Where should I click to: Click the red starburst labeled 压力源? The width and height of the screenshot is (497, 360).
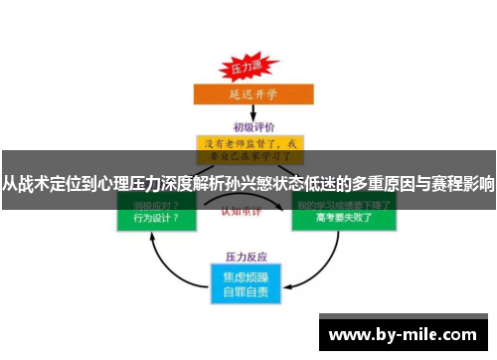pyautogui.click(x=246, y=69)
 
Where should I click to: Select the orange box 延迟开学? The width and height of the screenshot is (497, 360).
pyautogui.click(x=246, y=96)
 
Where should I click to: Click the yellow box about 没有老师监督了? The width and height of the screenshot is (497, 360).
pyautogui.click(x=248, y=147)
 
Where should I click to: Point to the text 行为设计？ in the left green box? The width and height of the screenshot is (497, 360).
pyautogui.click(x=156, y=217)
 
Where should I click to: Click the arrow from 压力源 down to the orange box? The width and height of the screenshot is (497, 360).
pyautogui.click(x=246, y=82)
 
